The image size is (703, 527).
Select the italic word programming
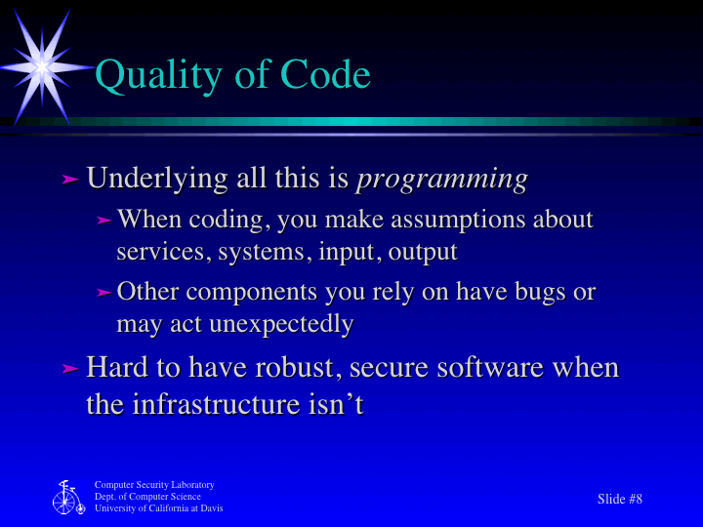(442, 180)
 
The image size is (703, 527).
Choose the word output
(423, 252)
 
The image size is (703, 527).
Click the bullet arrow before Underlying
(69, 180)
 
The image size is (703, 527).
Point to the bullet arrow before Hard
(69, 369)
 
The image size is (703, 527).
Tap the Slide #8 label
(620, 499)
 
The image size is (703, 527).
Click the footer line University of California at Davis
(158, 508)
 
